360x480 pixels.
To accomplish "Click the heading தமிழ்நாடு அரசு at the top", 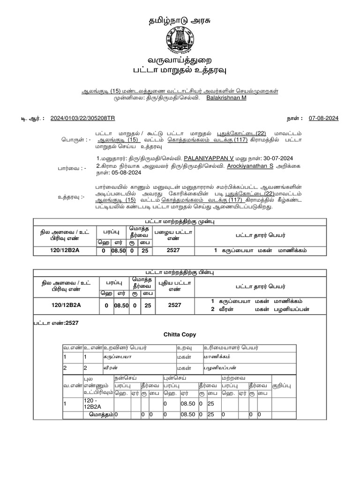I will tap(180, 21).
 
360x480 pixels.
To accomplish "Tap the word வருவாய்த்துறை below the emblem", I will tap(180, 61).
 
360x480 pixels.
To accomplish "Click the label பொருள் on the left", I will tap(73, 140).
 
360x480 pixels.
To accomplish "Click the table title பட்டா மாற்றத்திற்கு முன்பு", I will tap(179, 221).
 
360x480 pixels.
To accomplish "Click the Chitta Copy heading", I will tap(180, 335).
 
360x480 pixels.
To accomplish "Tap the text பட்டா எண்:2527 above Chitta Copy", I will tap(50, 323).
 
